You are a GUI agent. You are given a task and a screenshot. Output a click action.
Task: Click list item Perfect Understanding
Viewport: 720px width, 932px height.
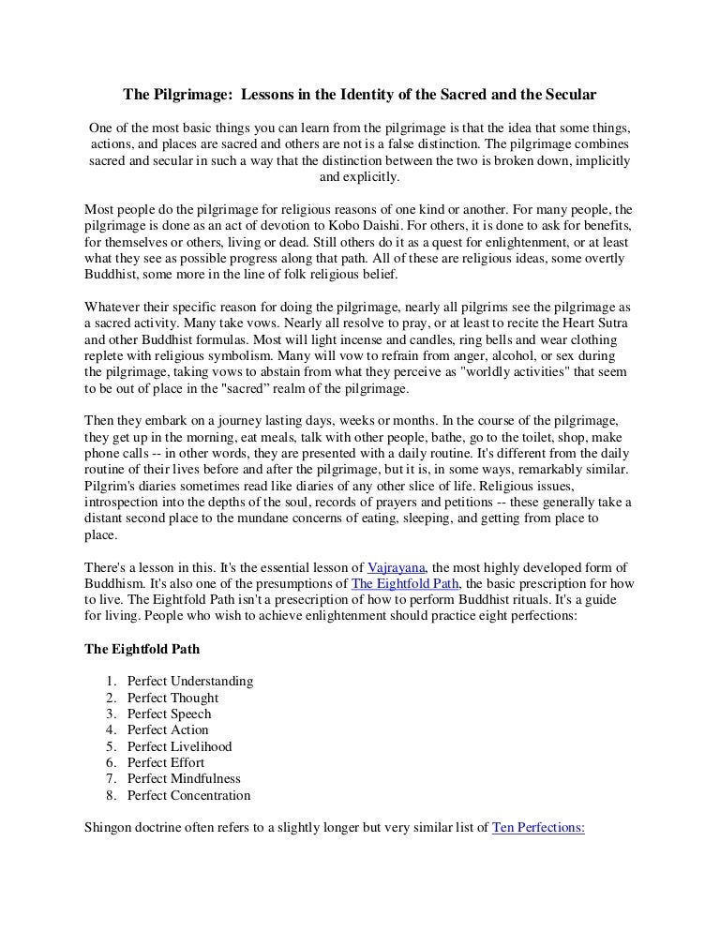coord(190,681)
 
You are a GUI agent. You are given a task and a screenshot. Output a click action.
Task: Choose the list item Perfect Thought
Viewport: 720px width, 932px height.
coord(173,698)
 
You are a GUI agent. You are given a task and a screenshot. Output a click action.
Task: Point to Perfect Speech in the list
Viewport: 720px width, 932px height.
coord(170,714)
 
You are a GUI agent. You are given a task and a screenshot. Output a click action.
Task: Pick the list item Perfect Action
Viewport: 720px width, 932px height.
coord(169,729)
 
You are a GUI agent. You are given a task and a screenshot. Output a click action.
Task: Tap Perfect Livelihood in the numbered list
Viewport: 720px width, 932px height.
coord(180,746)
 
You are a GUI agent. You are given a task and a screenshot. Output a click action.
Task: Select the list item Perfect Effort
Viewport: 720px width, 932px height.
coord(168,762)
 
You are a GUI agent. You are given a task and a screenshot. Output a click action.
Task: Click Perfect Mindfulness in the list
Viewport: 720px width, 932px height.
coord(184,779)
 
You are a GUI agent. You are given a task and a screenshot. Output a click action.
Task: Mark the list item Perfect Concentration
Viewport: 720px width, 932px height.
coord(189,795)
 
